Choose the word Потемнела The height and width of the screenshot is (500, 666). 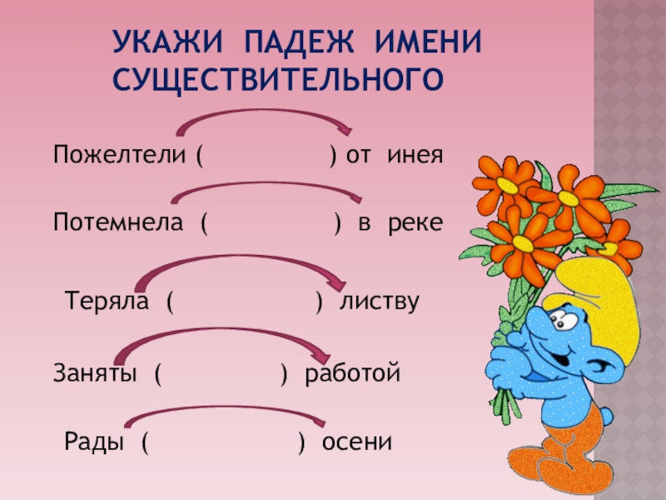tap(118, 222)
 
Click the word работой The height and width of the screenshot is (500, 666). tap(353, 373)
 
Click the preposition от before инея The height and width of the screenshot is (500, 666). tap(358, 156)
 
